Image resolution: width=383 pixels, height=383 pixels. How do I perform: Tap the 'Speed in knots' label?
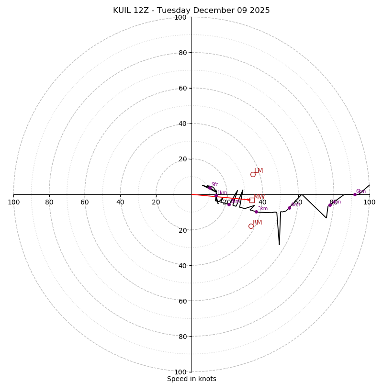click(x=191, y=379)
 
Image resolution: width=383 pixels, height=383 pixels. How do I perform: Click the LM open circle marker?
click(x=253, y=174)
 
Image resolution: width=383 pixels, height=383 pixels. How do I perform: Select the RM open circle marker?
click(x=251, y=226)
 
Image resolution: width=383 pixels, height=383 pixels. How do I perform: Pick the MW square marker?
click(x=252, y=200)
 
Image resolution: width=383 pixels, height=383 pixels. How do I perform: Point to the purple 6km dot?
click(x=355, y=194)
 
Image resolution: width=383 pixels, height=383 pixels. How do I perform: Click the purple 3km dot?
click(x=256, y=212)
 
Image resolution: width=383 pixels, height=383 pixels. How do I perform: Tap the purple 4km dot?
click(x=289, y=208)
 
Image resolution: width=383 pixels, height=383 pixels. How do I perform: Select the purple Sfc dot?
click(x=209, y=188)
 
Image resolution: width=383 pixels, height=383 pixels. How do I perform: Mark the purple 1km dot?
click(x=216, y=196)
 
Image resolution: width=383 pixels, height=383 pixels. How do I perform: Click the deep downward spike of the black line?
click(x=280, y=245)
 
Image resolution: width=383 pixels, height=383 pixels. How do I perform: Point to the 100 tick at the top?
click(x=180, y=17)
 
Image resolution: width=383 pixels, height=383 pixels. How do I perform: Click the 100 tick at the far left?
click(x=14, y=202)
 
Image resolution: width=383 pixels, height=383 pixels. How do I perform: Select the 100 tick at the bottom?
click(x=180, y=372)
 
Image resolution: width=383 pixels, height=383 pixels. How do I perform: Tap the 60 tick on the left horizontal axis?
click(x=85, y=202)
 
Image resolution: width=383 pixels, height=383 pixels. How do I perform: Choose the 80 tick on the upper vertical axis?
click(x=182, y=53)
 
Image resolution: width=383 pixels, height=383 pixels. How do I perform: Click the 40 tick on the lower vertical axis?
click(x=182, y=265)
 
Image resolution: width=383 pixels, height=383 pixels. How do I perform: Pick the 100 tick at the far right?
click(x=369, y=202)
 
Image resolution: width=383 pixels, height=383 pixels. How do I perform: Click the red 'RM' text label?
click(x=257, y=223)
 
